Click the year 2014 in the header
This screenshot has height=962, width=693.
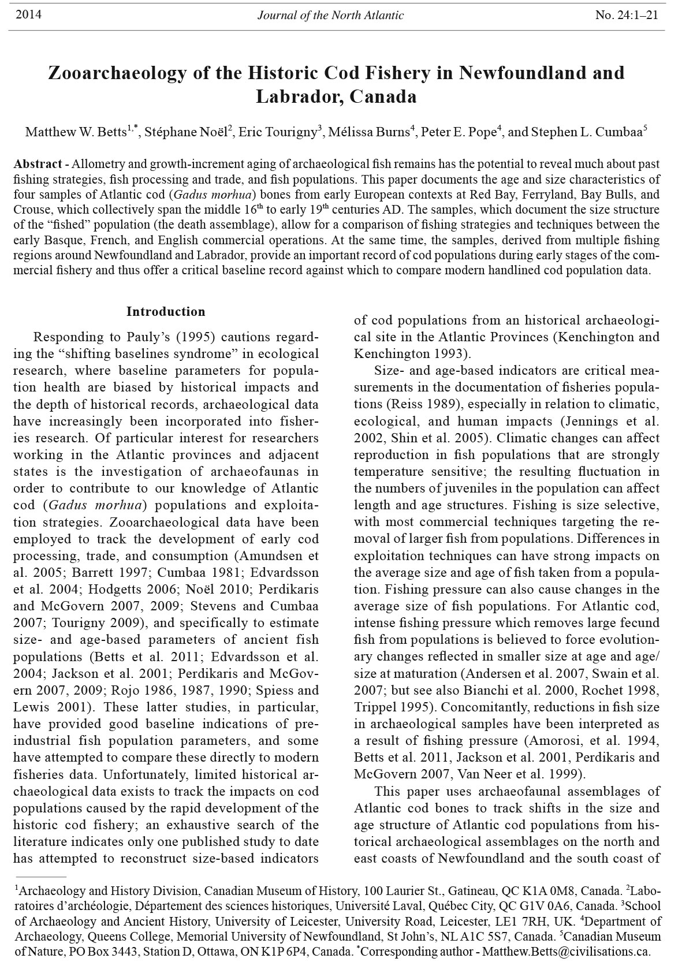28,15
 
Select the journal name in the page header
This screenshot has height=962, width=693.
330,16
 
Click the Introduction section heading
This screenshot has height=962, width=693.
166,312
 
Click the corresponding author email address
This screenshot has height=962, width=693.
567,950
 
